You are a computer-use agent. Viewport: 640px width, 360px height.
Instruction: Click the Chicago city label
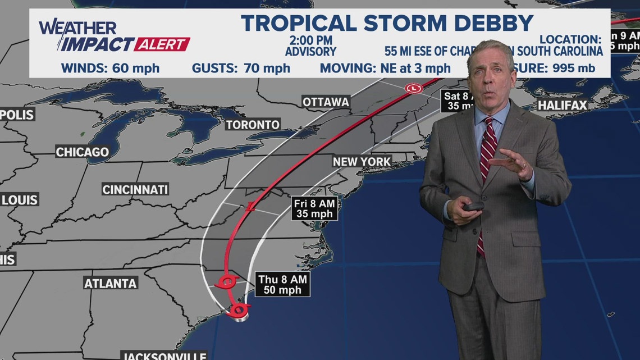point(82,152)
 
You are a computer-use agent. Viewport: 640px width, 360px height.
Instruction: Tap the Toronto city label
point(253,125)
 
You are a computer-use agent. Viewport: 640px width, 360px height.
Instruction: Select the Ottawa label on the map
point(326,102)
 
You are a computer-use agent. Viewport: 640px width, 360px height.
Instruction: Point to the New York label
point(362,162)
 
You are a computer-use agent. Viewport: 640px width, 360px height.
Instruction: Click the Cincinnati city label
point(135,189)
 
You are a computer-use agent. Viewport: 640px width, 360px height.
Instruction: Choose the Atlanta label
point(111,284)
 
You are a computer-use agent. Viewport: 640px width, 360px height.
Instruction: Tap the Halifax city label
point(562,105)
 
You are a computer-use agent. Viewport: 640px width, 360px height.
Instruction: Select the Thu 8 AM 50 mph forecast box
point(284,284)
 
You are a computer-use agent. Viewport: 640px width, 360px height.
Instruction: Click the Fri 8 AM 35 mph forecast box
point(314,208)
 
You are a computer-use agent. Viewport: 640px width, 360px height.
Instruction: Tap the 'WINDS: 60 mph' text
point(110,69)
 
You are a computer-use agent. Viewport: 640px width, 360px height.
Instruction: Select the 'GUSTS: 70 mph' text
point(241,69)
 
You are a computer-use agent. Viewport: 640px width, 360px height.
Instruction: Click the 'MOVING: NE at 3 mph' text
point(385,69)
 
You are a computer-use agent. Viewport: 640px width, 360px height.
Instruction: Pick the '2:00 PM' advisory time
point(311,40)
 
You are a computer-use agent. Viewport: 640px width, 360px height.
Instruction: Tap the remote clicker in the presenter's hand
point(472,206)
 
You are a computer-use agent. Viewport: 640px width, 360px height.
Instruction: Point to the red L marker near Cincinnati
point(251,207)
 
